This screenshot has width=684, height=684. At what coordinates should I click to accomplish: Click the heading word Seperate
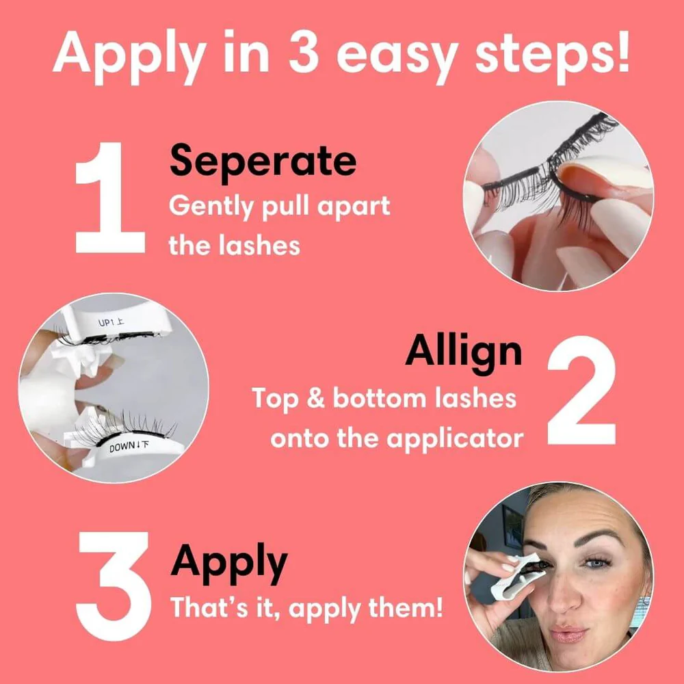(263, 162)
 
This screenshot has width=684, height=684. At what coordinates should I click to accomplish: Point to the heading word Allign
(463, 351)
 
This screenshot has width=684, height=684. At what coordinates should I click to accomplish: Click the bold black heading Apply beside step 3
(228, 562)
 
